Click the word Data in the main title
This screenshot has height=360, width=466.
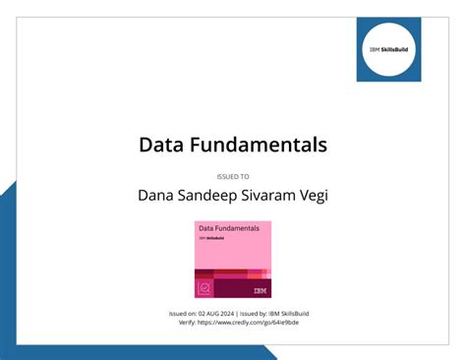(x=161, y=145)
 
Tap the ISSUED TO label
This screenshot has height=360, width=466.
(x=232, y=176)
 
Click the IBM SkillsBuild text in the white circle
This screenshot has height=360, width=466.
(x=388, y=48)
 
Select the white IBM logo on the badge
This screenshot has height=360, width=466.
(x=260, y=290)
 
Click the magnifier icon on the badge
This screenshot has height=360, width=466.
(x=204, y=288)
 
